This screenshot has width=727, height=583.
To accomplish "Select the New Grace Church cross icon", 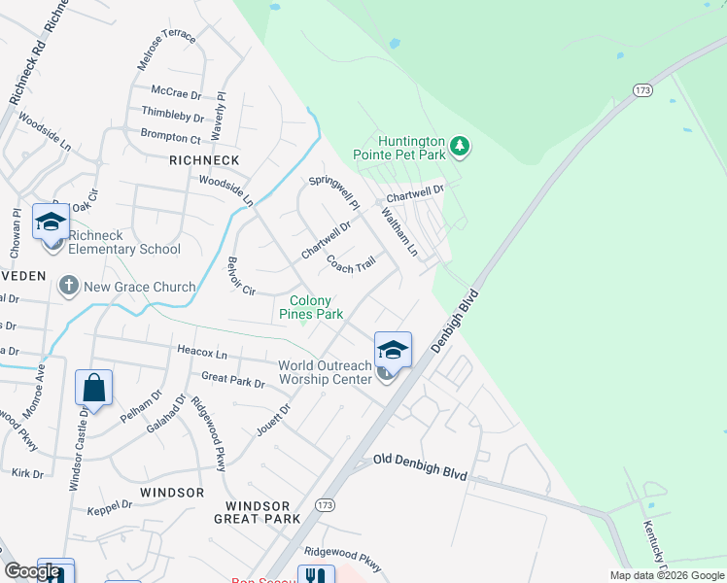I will click(68, 287).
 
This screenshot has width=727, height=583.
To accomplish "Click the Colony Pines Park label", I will click(311, 307).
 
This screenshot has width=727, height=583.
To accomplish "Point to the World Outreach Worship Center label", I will click(325, 372).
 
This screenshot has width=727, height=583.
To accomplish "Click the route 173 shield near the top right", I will click(641, 89).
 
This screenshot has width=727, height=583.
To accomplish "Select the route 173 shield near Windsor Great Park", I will click(325, 505).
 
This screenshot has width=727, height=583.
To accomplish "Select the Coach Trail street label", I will click(351, 263).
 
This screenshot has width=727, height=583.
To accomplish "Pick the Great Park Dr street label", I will click(232, 379).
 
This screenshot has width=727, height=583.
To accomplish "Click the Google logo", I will click(32, 571).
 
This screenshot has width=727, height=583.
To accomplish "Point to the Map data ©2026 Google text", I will click(666, 575).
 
